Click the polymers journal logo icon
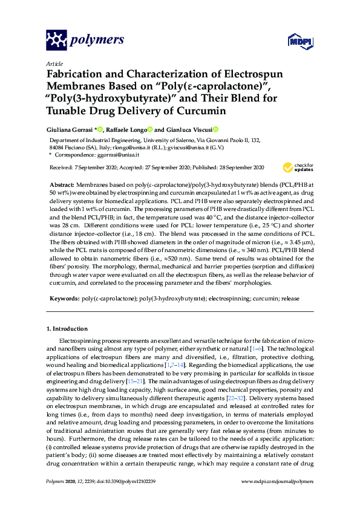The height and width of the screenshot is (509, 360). coord(56,41)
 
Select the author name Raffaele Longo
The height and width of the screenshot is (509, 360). coord(129,129)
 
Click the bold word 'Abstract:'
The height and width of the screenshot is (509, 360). coord(63,183)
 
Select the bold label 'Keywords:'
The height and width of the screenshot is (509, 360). coord(64,298)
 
